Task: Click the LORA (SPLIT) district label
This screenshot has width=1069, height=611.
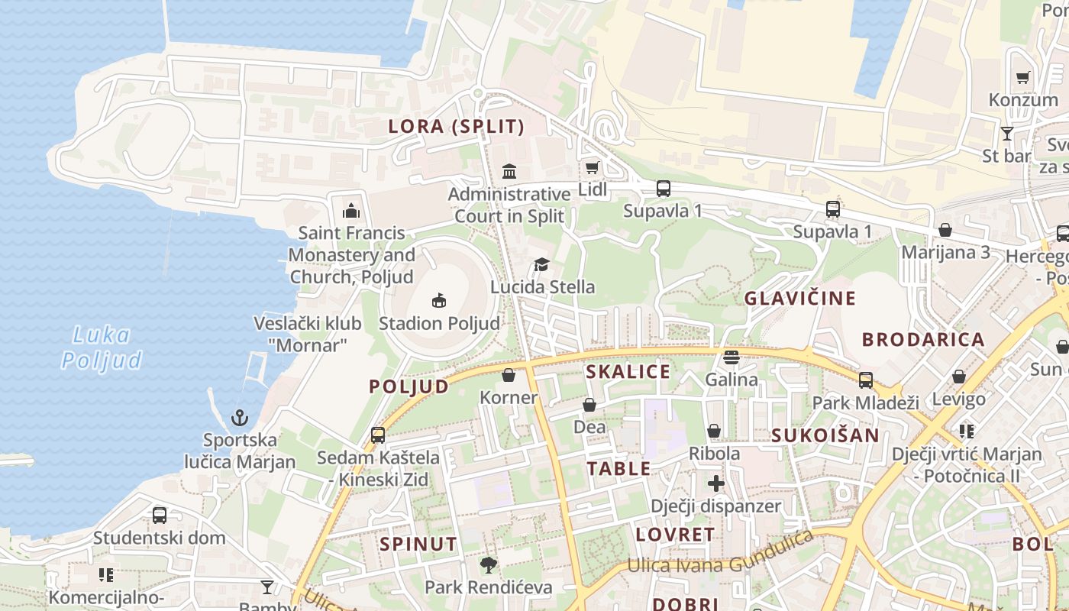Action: point(457,127)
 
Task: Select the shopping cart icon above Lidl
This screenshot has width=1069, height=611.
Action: point(592,167)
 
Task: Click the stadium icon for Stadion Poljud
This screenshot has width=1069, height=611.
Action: point(439,300)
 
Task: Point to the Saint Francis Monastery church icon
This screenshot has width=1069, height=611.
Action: point(351,210)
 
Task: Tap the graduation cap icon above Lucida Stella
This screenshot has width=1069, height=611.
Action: point(541,264)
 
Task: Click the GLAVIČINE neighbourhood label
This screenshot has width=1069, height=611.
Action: point(800,298)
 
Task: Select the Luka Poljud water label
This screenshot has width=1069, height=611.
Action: point(102,348)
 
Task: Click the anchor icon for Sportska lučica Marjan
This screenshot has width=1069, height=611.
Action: point(240,418)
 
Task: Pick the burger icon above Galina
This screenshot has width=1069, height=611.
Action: point(732,357)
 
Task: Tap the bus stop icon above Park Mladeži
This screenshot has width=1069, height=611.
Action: point(865,380)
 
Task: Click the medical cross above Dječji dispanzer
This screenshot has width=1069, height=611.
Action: point(715,483)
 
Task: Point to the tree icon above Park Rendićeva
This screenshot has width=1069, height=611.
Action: point(488,565)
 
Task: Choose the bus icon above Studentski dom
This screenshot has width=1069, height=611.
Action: point(159,515)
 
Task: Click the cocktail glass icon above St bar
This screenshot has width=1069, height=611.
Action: point(1007,134)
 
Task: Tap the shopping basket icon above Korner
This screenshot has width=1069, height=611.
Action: point(509,375)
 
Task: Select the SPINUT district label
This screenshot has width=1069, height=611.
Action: point(418,545)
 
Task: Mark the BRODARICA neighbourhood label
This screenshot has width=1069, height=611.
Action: point(923,340)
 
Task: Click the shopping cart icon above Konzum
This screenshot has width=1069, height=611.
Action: point(1023,77)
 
